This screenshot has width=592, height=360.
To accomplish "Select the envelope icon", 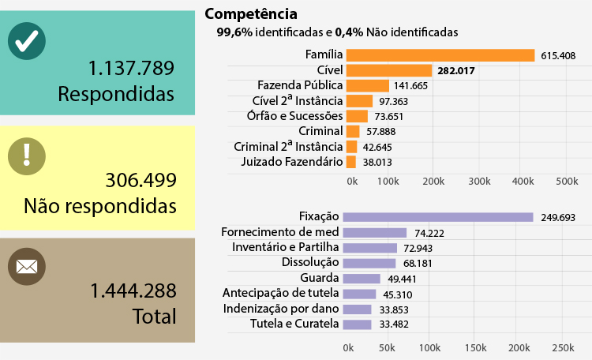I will [x=27, y=267].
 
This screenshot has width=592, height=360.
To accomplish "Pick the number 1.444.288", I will [x=133, y=290].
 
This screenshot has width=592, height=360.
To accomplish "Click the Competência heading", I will [x=251, y=14].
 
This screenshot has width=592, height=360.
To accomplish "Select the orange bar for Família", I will [x=440, y=55].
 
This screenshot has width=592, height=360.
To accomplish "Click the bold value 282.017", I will [x=459, y=71].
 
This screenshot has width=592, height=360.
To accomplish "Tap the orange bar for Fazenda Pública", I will [x=367, y=85].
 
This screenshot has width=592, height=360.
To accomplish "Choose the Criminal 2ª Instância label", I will [x=289, y=146].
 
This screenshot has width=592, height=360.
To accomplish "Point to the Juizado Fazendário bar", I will [x=350, y=162].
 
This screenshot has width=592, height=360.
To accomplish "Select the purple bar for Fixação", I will [x=439, y=217].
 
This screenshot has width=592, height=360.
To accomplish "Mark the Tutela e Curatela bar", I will [x=358, y=324].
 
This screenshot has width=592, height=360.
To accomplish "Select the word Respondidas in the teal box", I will [x=115, y=94].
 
